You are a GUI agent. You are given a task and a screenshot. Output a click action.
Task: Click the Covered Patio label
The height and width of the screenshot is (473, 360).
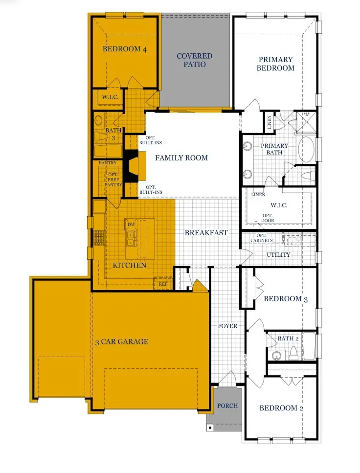coord(195,60)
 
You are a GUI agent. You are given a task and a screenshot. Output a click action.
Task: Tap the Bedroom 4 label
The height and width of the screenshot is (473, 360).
coord(124,49)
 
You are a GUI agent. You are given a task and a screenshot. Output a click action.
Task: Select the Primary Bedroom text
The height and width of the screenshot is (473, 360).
coord(275,64)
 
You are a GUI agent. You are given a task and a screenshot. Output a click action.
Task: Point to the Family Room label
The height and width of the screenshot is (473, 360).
coord(181,158)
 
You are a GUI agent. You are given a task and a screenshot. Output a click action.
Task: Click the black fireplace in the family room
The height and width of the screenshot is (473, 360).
coord(132,166)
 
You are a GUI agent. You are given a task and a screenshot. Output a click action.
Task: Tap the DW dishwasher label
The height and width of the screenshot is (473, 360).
coord(131,225)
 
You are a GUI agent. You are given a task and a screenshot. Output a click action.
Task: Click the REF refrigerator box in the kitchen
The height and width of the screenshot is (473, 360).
coord(163,284)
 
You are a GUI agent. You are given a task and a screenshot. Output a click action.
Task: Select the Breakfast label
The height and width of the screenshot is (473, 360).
coord(206,232)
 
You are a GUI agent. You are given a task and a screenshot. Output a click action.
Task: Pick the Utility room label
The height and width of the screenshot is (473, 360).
coord(278,255)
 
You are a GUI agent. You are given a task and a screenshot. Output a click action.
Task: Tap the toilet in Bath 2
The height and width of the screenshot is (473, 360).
coord(293,353)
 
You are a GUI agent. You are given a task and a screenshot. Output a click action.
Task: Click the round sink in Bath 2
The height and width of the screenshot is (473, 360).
coord(276,356)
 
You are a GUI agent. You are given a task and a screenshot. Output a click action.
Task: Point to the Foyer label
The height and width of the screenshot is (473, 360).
coord(227,326)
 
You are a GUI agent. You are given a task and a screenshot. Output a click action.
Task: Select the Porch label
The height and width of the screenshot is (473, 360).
coord(227,405)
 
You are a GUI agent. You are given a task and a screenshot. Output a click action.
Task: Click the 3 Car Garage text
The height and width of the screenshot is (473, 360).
coord(122,342)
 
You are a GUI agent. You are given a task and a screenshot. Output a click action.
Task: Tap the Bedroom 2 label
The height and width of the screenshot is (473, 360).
coord(281,408)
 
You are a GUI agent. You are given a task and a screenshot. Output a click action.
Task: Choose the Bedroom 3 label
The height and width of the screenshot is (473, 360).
coord(286,299)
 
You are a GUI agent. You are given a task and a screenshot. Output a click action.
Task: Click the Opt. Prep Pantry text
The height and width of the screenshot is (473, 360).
coord(113,180)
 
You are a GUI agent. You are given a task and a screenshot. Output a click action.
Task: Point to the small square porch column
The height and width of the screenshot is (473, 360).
coord(210,428)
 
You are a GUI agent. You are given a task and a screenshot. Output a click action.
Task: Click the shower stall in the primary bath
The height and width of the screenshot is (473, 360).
coord(306,122)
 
